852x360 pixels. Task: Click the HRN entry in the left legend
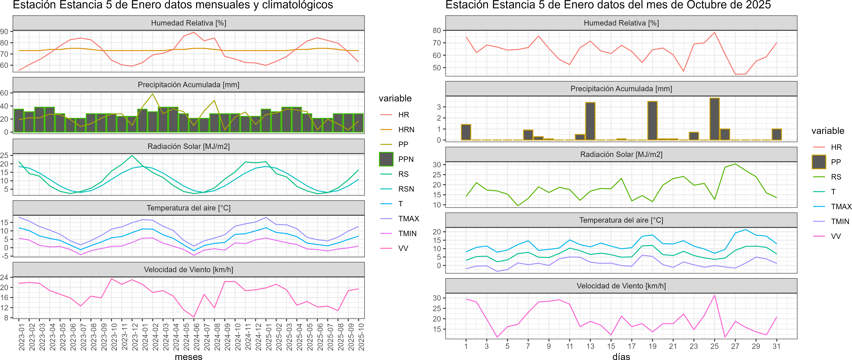pos(406,130)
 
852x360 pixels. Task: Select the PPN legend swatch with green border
pos(386,159)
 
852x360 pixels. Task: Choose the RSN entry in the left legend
pos(406,189)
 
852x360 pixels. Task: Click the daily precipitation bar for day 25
pos(714,119)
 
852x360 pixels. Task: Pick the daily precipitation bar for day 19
pos(652,121)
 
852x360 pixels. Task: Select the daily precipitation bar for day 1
pos(466,132)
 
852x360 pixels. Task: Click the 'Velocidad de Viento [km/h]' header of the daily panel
pos(621,286)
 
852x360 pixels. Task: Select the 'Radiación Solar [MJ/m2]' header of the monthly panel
pos(189,146)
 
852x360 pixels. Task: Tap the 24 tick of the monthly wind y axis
pos(5,277)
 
